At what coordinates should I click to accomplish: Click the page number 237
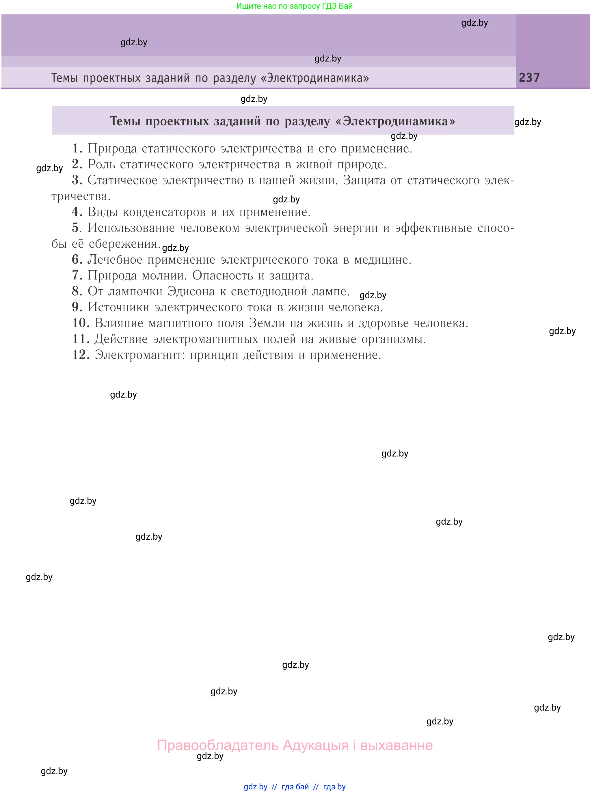[x=529, y=77]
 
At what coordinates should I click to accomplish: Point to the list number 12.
[x=81, y=355]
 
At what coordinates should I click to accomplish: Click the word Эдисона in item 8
[x=191, y=291]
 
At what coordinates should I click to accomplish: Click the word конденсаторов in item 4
[x=164, y=212]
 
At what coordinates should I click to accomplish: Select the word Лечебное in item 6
[x=115, y=260]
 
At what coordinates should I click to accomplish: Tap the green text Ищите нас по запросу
[x=276, y=6]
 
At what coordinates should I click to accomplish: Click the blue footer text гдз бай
[x=295, y=786]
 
